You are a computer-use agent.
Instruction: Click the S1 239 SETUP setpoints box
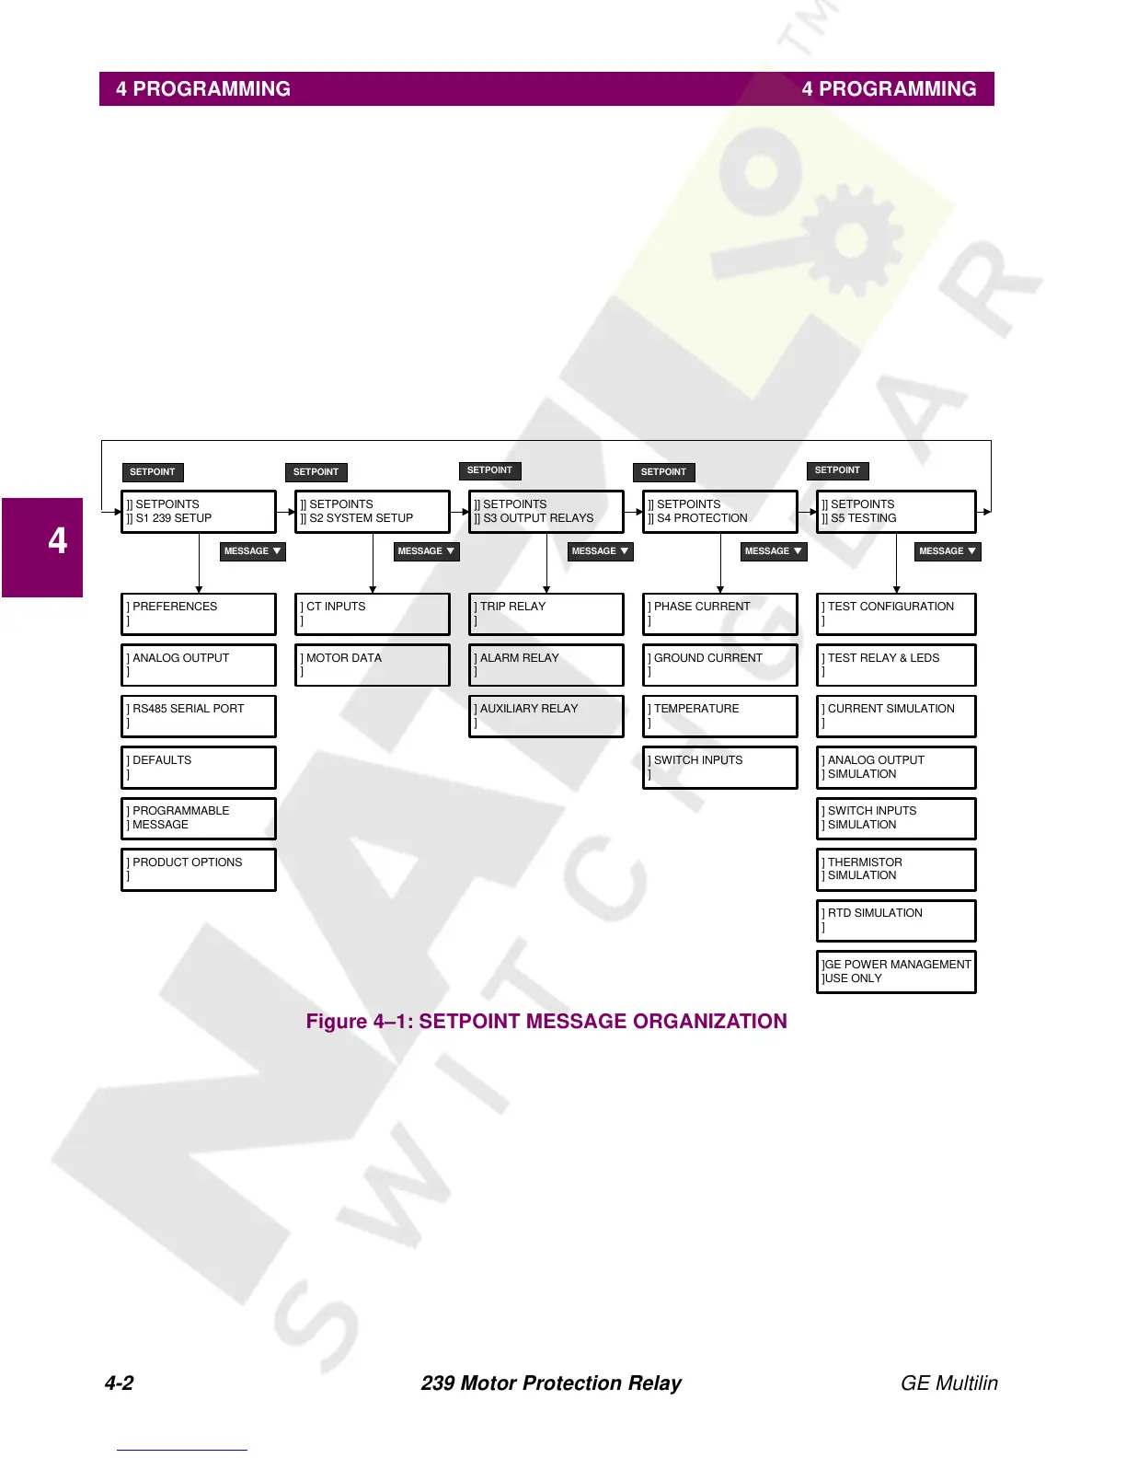(x=198, y=512)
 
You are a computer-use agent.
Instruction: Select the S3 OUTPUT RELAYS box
(x=546, y=512)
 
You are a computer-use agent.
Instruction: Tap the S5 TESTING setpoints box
(x=895, y=512)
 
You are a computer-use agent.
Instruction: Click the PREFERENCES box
(x=198, y=614)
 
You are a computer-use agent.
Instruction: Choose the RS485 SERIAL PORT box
(x=198, y=716)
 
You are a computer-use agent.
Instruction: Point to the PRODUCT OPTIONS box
(x=198, y=870)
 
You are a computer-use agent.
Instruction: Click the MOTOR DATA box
(x=372, y=665)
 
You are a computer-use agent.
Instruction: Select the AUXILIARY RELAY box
(x=546, y=716)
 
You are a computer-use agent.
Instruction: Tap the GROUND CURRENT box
(x=719, y=665)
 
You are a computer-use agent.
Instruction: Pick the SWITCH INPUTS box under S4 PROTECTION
(x=719, y=767)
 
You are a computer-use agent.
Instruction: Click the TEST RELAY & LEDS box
(x=895, y=665)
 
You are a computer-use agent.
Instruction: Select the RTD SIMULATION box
(x=895, y=920)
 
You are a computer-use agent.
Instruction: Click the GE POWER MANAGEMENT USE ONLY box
(x=895, y=972)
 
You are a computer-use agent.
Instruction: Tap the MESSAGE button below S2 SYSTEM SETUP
(x=426, y=551)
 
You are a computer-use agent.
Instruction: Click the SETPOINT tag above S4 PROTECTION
(x=663, y=472)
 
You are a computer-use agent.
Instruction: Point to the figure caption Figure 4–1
(x=546, y=1022)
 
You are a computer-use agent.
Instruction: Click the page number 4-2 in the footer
(x=119, y=1383)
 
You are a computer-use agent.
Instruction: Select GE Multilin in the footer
(x=948, y=1383)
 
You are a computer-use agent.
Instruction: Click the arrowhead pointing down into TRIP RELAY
(x=546, y=589)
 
